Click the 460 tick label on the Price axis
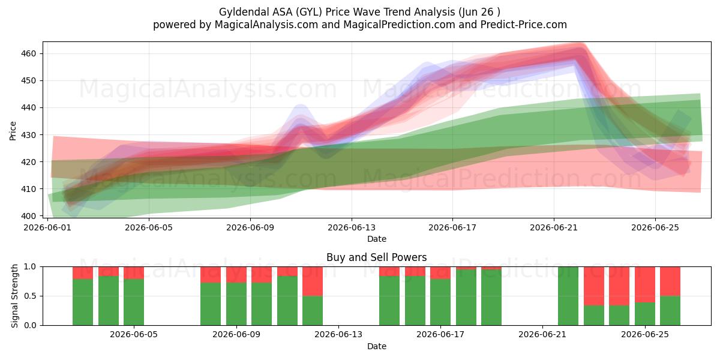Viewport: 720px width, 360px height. click(28, 53)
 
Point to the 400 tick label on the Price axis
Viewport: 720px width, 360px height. click(28, 216)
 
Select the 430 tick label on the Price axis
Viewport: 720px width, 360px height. click(28, 134)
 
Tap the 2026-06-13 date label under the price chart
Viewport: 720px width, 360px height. click(352, 227)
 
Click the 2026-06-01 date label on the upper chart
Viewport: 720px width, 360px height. click(47, 227)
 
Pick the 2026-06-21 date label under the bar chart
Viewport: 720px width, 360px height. click(542, 334)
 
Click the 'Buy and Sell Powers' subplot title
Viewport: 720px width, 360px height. click(377, 257)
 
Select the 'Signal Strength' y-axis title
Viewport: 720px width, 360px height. click(14, 296)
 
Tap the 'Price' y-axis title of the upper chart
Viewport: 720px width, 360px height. click(13, 131)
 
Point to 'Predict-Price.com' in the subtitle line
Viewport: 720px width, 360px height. click(524, 25)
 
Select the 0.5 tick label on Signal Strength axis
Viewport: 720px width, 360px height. click(30, 296)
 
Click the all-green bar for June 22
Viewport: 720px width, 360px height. click(568, 296)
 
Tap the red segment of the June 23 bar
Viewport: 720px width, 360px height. click(594, 286)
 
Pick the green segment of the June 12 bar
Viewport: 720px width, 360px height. click(313, 311)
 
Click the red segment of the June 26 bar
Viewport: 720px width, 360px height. click(670, 281)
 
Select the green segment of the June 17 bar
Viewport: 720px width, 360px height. click(440, 302)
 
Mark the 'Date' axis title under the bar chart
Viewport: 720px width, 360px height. click(377, 346)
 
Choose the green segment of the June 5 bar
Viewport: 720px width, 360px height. click(134, 302)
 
